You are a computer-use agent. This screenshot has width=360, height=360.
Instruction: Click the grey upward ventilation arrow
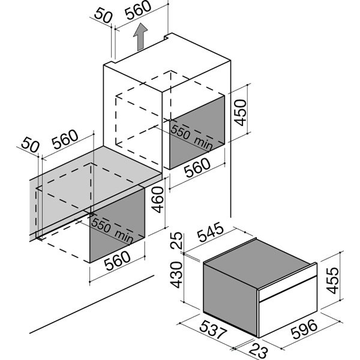[x=140, y=37]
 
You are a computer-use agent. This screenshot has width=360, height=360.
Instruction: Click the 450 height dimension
[x=240, y=112]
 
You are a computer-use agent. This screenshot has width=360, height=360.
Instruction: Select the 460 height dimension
[x=158, y=200]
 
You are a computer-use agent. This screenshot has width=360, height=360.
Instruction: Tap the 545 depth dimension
[x=211, y=232]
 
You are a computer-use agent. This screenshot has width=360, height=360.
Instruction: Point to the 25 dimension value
[x=176, y=241]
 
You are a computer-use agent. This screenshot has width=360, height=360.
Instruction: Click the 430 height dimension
[x=176, y=275]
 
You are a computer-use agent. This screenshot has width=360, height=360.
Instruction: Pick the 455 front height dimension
[x=332, y=280]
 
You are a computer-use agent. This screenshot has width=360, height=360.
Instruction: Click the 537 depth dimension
[x=213, y=330]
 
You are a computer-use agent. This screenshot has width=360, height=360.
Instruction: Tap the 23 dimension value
[x=259, y=351]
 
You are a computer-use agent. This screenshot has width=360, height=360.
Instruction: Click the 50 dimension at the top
[x=103, y=16]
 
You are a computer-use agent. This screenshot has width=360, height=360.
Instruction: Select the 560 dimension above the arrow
[x=139, y=9]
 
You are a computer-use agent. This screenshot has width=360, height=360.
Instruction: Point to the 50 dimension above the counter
[x=30, y=145]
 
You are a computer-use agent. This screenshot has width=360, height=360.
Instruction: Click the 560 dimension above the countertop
[x=65, y=139]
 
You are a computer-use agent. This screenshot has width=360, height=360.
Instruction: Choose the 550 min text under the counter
[x=112, y=230]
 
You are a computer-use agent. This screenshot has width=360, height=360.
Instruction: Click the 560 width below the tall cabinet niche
[x=197, y=167]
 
